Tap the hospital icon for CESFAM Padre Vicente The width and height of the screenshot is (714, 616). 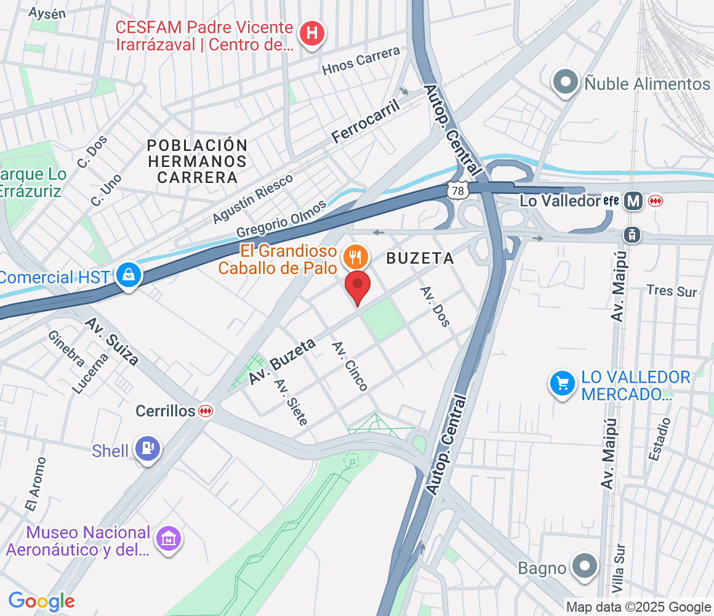point(312,33)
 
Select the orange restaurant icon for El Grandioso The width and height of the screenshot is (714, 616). point(355,255)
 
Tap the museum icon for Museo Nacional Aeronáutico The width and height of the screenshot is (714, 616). point(167,539)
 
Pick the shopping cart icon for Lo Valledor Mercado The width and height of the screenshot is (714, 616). point(562,384)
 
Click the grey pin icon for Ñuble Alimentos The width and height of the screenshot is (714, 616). point(564,82)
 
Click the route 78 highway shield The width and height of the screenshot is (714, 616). point(457,191)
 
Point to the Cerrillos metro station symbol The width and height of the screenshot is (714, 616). point(205,411)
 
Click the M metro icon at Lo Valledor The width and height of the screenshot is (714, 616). point(632,201)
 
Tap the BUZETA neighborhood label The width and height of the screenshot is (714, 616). point(420,259)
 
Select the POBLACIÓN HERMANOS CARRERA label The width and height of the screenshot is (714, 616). point(197,161)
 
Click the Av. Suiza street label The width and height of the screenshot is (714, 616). point(111,341)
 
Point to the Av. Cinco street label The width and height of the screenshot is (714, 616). point(350,366)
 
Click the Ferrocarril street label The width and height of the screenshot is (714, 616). point(366,121)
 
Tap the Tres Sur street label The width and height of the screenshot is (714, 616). point(672,290)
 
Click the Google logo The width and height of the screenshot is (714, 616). point(41,601)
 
